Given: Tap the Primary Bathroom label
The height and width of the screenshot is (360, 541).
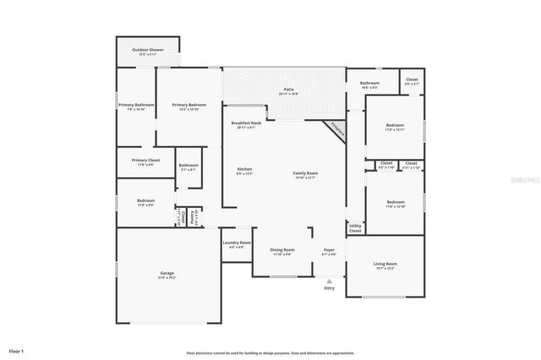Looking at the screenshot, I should [x=136, y=105].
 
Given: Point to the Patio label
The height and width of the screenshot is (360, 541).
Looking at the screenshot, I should [x=288, y=89].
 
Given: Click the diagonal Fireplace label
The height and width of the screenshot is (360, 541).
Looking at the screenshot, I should [x=338, y=130].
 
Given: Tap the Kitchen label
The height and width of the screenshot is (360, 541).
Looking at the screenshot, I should [x=244, y=170].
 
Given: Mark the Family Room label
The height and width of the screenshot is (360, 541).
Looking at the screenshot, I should [x=305, y=173].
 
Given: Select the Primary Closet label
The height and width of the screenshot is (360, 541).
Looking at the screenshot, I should [x=145, y=160].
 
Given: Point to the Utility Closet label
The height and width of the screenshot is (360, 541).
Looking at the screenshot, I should [x=354, y=228].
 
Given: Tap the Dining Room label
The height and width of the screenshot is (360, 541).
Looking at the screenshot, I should [x=282, y=250].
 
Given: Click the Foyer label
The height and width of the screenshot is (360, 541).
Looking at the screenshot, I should [x=329, y=250].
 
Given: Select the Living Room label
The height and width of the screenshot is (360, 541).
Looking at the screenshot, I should [x=385, y=265].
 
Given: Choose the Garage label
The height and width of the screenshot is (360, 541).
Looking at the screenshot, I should [x=167, y=273].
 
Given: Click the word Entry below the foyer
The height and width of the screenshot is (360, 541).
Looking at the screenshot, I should [x=329, y=289].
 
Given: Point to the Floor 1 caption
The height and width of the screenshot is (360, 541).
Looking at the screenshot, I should [x=17, y=350].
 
